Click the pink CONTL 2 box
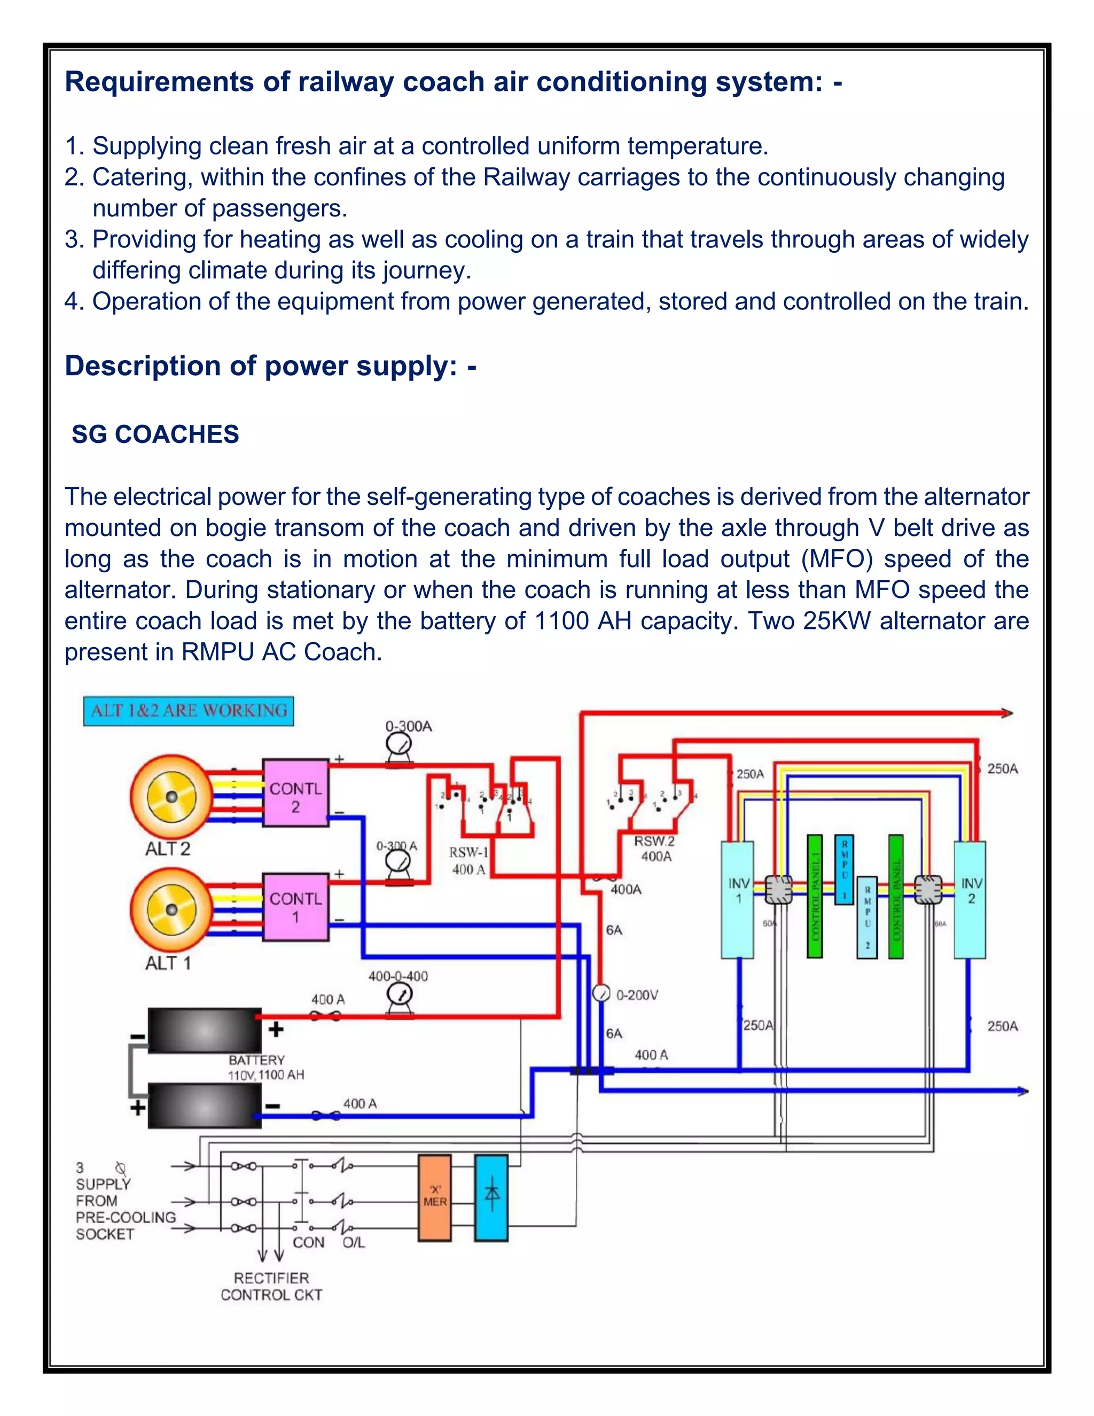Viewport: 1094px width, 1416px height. [295, 792]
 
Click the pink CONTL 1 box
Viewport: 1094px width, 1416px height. [295, 906]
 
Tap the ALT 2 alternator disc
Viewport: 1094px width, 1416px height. [171, 796]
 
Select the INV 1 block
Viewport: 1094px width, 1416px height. [738, 900]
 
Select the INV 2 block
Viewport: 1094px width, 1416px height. [970, 900]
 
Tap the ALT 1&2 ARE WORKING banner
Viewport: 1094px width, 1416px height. [189, 711]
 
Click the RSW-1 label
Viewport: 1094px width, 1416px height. [468, 852]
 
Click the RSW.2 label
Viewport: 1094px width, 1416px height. [654, 841]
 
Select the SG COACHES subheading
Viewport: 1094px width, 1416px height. [155, 434]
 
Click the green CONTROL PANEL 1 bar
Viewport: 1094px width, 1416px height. [815, 896]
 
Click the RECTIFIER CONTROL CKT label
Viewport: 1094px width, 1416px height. [271, 1286]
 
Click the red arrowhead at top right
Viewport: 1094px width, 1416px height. [1006, 713]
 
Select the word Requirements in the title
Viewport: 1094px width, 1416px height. [159, 82]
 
